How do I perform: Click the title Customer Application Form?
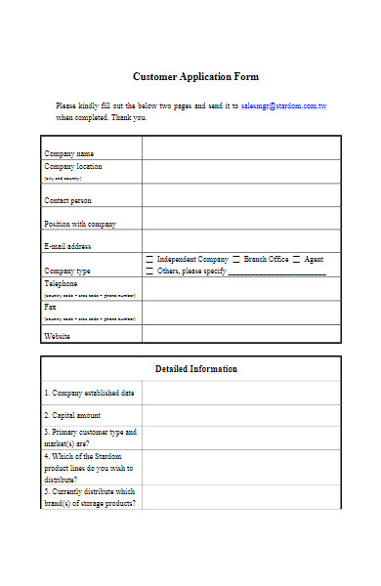pyautogui.click(x=195, y=76)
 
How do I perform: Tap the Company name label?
pyautogui.click(x=69, y=153)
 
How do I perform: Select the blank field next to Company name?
pyautogui.click(x=241, y=147)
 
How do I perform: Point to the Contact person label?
pyautogui.click(x=68, y=200)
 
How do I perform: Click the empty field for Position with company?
pyautogui.click(x=241, y=219)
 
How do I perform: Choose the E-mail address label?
pyautogui.click(x=67, y=246)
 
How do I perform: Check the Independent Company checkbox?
pyautogui.click(x=149, y=260)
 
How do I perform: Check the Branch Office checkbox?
pyautogui.click(x=236, y=260)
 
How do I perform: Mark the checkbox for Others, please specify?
pyautogui.click(x=149, y=271)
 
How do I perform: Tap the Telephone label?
pyautogui.click(x=61, y=282)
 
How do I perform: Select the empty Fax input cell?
pyautogui.click(x=241, y=312)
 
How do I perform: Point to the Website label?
pyautogui.click(x=58, y=336)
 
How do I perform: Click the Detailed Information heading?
pyautogui.click(x=195, y=369)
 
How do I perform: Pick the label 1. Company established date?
pyautogui.click(x=89, y=393)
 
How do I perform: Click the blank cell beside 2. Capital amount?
pyautogui.click(x=241, y=415)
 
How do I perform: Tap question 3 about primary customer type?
pyautogui.click(x=90, y=437)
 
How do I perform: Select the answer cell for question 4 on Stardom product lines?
pyautogui.click(x=241, y=467)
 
